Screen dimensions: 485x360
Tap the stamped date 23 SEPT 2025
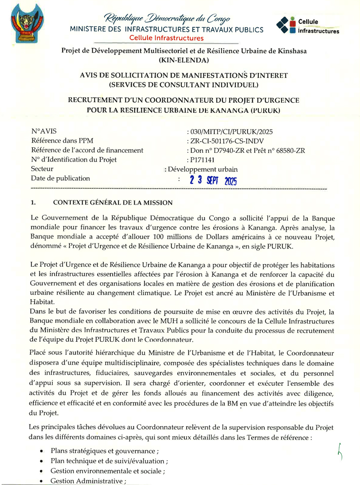click(x=213, y=180)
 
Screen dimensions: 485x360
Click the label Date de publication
click(x=60, y=178)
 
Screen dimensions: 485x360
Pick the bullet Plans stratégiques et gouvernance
click(x=106, y=451)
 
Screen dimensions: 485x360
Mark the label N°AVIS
click(x=44, y=132)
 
